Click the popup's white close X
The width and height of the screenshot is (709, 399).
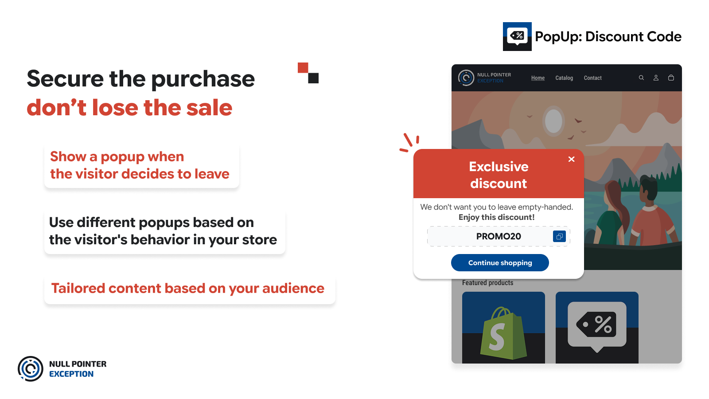(571, 159)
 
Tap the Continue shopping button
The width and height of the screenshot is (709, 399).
(500, 262)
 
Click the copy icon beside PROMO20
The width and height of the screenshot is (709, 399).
(559, 236)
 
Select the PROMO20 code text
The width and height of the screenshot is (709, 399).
(499, 236)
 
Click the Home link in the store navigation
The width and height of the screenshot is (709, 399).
(538, 78)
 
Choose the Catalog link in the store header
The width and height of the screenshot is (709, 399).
(564, 78)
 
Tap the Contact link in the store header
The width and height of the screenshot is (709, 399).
(592, 78)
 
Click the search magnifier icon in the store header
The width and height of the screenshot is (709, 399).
(641, 78)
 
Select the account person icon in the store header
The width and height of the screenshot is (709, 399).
(656, 78)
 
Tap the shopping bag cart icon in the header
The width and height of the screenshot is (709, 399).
(671, 78)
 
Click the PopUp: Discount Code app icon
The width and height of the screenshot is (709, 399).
(517, 36)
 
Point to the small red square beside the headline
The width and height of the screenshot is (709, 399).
(303, 67)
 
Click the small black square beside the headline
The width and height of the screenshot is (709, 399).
(313, 78)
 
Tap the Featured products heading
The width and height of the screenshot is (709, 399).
(487, 283)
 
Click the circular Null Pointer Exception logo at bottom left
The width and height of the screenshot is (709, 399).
(31, 368)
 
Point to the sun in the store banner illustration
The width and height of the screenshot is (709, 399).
(553, 121)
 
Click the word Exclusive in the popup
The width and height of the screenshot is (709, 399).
(499, 167)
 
